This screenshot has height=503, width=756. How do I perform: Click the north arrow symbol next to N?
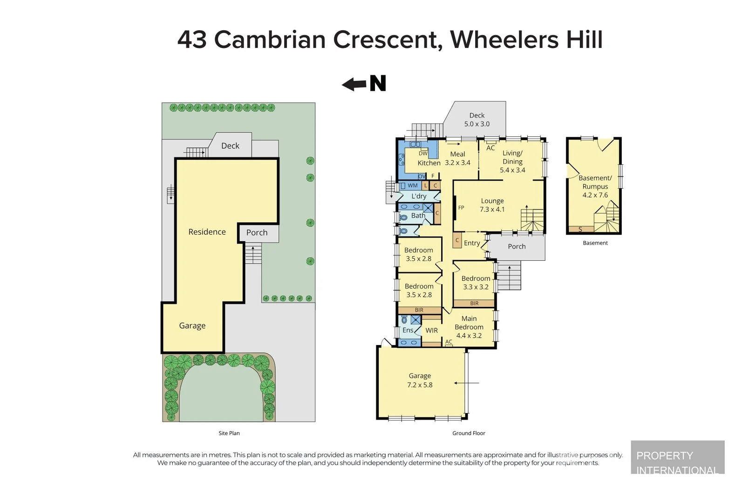tap(354, 84)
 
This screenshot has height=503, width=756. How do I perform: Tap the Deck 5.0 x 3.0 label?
tap(477, 120)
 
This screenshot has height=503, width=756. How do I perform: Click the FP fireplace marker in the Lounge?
tap(461, 208)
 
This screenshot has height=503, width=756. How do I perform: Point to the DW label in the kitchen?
tap(423, 153)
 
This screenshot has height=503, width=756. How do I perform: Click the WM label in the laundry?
tap(413, 185)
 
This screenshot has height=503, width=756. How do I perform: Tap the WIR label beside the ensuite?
tap(431, 330)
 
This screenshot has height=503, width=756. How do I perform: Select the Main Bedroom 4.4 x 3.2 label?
tap(469, 327)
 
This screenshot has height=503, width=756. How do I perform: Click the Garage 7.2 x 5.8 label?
tap(420, 380)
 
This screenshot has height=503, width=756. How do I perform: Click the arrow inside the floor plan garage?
tap(466, 383)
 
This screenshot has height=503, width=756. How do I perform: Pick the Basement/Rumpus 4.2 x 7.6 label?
tap(595, 186)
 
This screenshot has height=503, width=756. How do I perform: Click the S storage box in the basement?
tap(580, 229)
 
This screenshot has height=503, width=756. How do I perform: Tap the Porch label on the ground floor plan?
tap(517, 246)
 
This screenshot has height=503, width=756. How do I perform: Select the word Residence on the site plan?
tap(207, 232)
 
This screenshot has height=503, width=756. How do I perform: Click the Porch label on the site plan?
tap(257, 232)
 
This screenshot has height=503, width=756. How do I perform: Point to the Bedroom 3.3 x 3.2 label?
tap(476, 283)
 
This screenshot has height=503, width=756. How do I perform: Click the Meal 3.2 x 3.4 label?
tap(457, 158)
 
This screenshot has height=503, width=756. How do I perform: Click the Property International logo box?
tap(677, 457)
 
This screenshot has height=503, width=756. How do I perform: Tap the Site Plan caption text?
tap(229, 433)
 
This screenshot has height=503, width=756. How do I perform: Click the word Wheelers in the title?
tap(504, 40)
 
